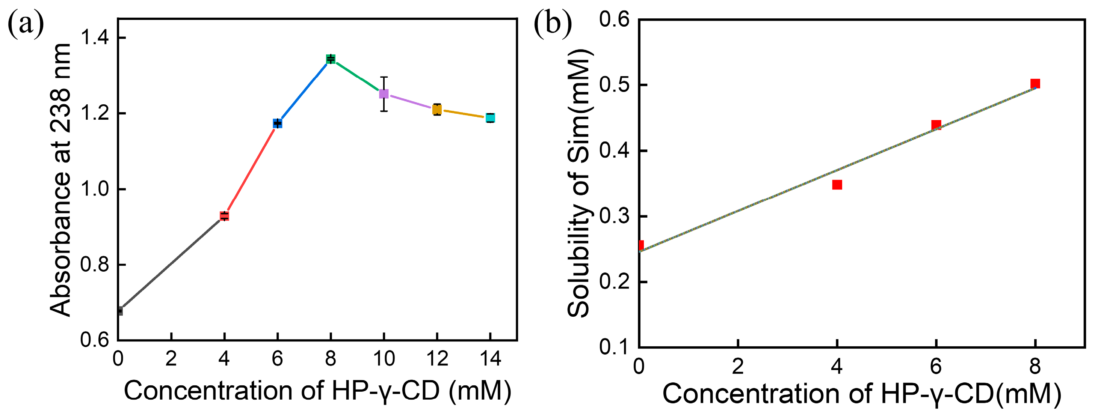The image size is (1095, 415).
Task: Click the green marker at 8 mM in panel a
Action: point(331,59)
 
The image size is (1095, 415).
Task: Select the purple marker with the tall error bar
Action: point(384,93)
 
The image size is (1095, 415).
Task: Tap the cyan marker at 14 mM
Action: point(490,118)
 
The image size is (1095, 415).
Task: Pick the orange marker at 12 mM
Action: point(437,110)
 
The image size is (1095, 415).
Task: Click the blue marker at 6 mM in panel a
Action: point(278,123)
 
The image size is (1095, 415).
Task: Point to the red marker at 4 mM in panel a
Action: point(224,216)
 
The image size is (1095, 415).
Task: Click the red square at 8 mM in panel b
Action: point(1035,83)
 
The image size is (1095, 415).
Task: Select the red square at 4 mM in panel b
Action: point(837,184)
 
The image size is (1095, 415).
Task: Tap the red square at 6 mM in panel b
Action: point(936,125)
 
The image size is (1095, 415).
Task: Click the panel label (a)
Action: point(26,24)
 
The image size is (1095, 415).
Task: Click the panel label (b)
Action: point(552,24)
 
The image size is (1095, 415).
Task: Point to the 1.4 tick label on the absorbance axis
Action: point(95,38)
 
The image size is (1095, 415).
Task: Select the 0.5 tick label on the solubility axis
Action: point(614,84)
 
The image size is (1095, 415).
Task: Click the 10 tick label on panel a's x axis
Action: point(384,359)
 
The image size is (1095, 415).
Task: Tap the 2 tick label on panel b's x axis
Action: point(738,366)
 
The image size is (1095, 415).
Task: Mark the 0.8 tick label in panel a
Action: point(95,265)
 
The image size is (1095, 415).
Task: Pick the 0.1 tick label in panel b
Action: point(614,347)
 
